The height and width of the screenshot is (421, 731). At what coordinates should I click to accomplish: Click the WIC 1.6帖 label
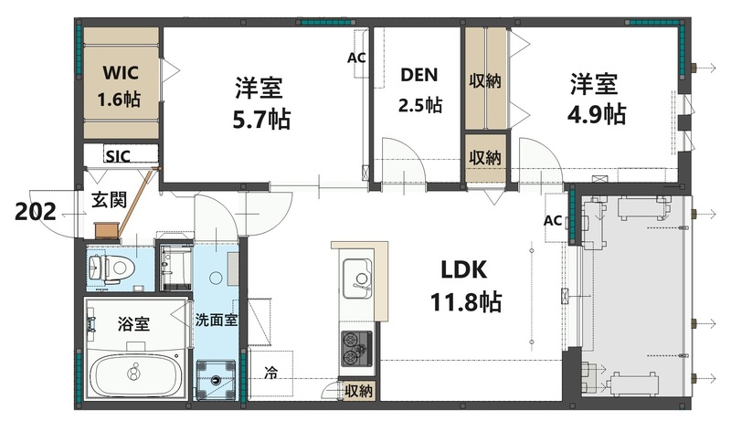tap(119, 85)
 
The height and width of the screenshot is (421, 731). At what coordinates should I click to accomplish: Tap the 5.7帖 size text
tap(259, 118)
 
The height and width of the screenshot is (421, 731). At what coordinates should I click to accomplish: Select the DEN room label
tap(419, 75)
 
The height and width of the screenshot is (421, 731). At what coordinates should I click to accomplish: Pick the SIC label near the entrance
tap(117, 156)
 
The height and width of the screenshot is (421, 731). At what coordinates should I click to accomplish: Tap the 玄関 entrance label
tap(108, 201)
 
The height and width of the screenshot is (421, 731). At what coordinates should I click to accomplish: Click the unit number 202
tap(36, 212)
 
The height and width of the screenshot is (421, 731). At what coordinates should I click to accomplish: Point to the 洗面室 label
tap(217, 320)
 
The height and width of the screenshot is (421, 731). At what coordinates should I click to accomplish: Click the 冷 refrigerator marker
tap(271, 373)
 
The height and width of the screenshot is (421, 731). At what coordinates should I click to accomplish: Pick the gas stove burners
tap(355, 347)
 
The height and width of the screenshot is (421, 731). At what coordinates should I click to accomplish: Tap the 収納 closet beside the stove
tap(358, 391)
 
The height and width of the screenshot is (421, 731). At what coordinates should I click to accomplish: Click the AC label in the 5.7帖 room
tap(356, 57)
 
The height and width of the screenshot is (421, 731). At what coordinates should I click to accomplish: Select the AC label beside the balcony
tap(553, 220)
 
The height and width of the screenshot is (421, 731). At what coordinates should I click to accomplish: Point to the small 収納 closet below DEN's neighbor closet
tap(485, 156)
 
